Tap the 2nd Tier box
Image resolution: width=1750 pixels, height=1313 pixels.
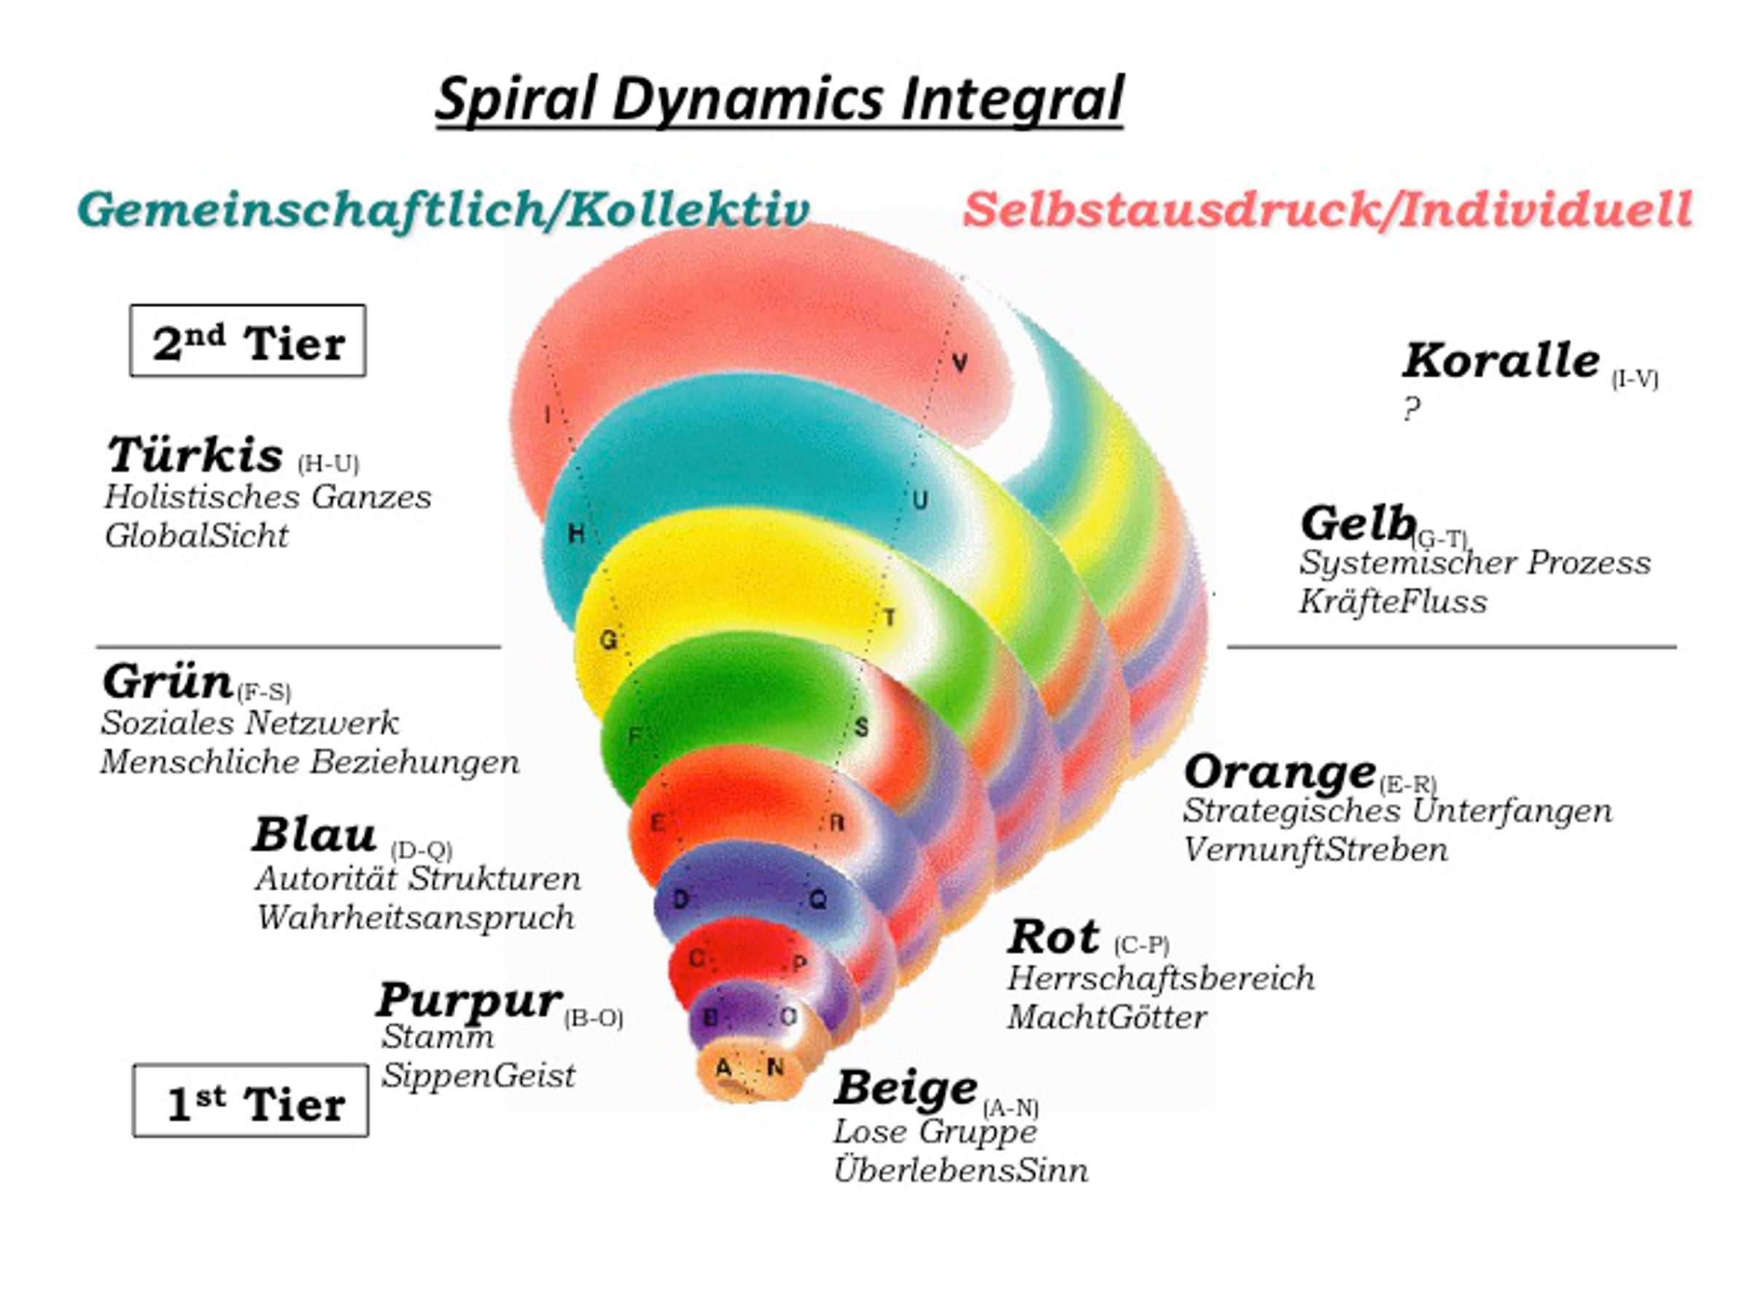[248, 341]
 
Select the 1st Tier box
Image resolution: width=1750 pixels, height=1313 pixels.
[251, 1101]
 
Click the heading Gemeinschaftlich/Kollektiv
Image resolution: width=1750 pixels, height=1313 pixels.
[443, 210]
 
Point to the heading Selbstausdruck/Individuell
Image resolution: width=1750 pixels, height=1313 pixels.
[1328, 210]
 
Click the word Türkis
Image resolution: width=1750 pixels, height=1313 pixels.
[195, 455]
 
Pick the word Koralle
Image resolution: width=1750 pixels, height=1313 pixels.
[1501, 361]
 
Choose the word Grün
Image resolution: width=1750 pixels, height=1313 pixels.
[167, 681]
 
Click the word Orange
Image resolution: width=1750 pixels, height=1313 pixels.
[1279, 772]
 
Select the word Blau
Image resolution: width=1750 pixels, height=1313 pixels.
[314, 835]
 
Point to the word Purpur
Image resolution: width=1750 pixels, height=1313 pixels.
[469, 999]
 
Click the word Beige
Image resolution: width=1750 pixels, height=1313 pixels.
[906, 1088]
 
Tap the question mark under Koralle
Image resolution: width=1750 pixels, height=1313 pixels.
[1412, 409]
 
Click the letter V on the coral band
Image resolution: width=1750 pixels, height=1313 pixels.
[960, 363]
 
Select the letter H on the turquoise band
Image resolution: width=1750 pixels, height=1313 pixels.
[576, 533]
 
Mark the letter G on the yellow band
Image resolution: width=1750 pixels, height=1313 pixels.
[607, 640]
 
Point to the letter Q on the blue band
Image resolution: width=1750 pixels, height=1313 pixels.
[818, 900]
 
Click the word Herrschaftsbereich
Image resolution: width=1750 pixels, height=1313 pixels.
[1161, 979]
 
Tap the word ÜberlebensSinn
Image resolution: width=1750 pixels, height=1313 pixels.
[960, 1171]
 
